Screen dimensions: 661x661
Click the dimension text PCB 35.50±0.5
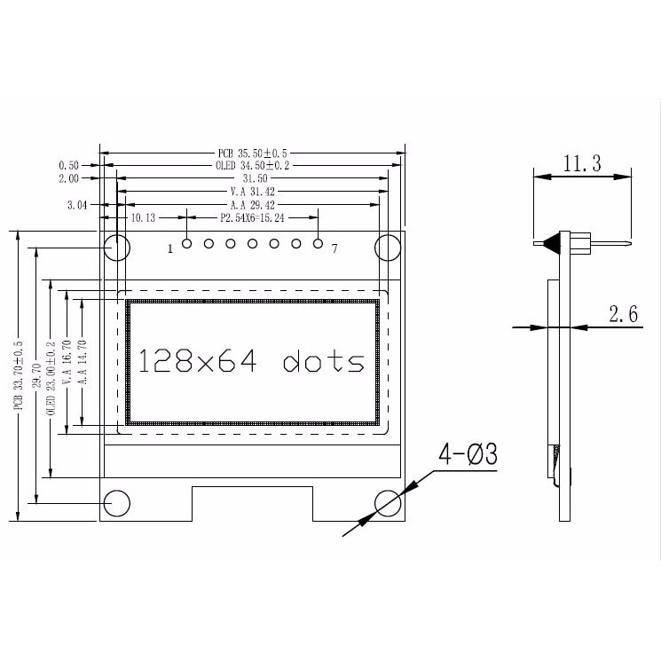(253, 153)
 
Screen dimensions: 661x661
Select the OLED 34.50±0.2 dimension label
(253, 165)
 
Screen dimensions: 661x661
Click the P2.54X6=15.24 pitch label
(252, 217)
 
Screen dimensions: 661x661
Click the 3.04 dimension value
(78, 204)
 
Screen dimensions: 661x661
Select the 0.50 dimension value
(68, 165)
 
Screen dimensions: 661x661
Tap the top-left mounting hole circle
(117, 247)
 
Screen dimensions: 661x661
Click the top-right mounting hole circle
(388, 247)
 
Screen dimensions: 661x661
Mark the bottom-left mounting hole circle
(117, 503)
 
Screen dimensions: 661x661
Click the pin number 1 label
(169, 249)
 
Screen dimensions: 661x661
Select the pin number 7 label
(334, 249)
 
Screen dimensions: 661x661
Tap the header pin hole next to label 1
(186, 243)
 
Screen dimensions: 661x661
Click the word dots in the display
(324, 361)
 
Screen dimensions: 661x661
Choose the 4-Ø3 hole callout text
(468, 454)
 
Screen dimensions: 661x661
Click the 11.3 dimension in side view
(582, 163)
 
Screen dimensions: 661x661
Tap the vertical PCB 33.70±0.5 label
(18, 374)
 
